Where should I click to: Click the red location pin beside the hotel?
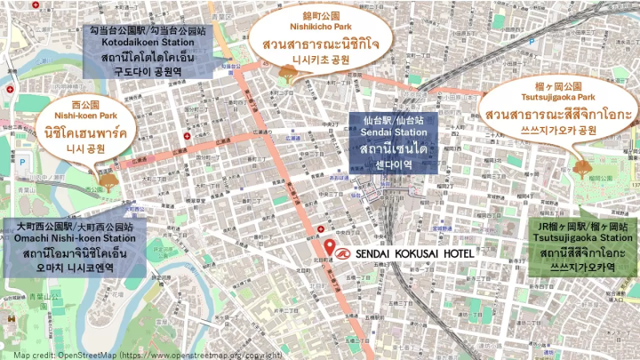[330, 247]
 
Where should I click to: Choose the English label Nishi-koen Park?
[85, 116]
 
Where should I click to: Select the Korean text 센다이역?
[392, 165]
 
